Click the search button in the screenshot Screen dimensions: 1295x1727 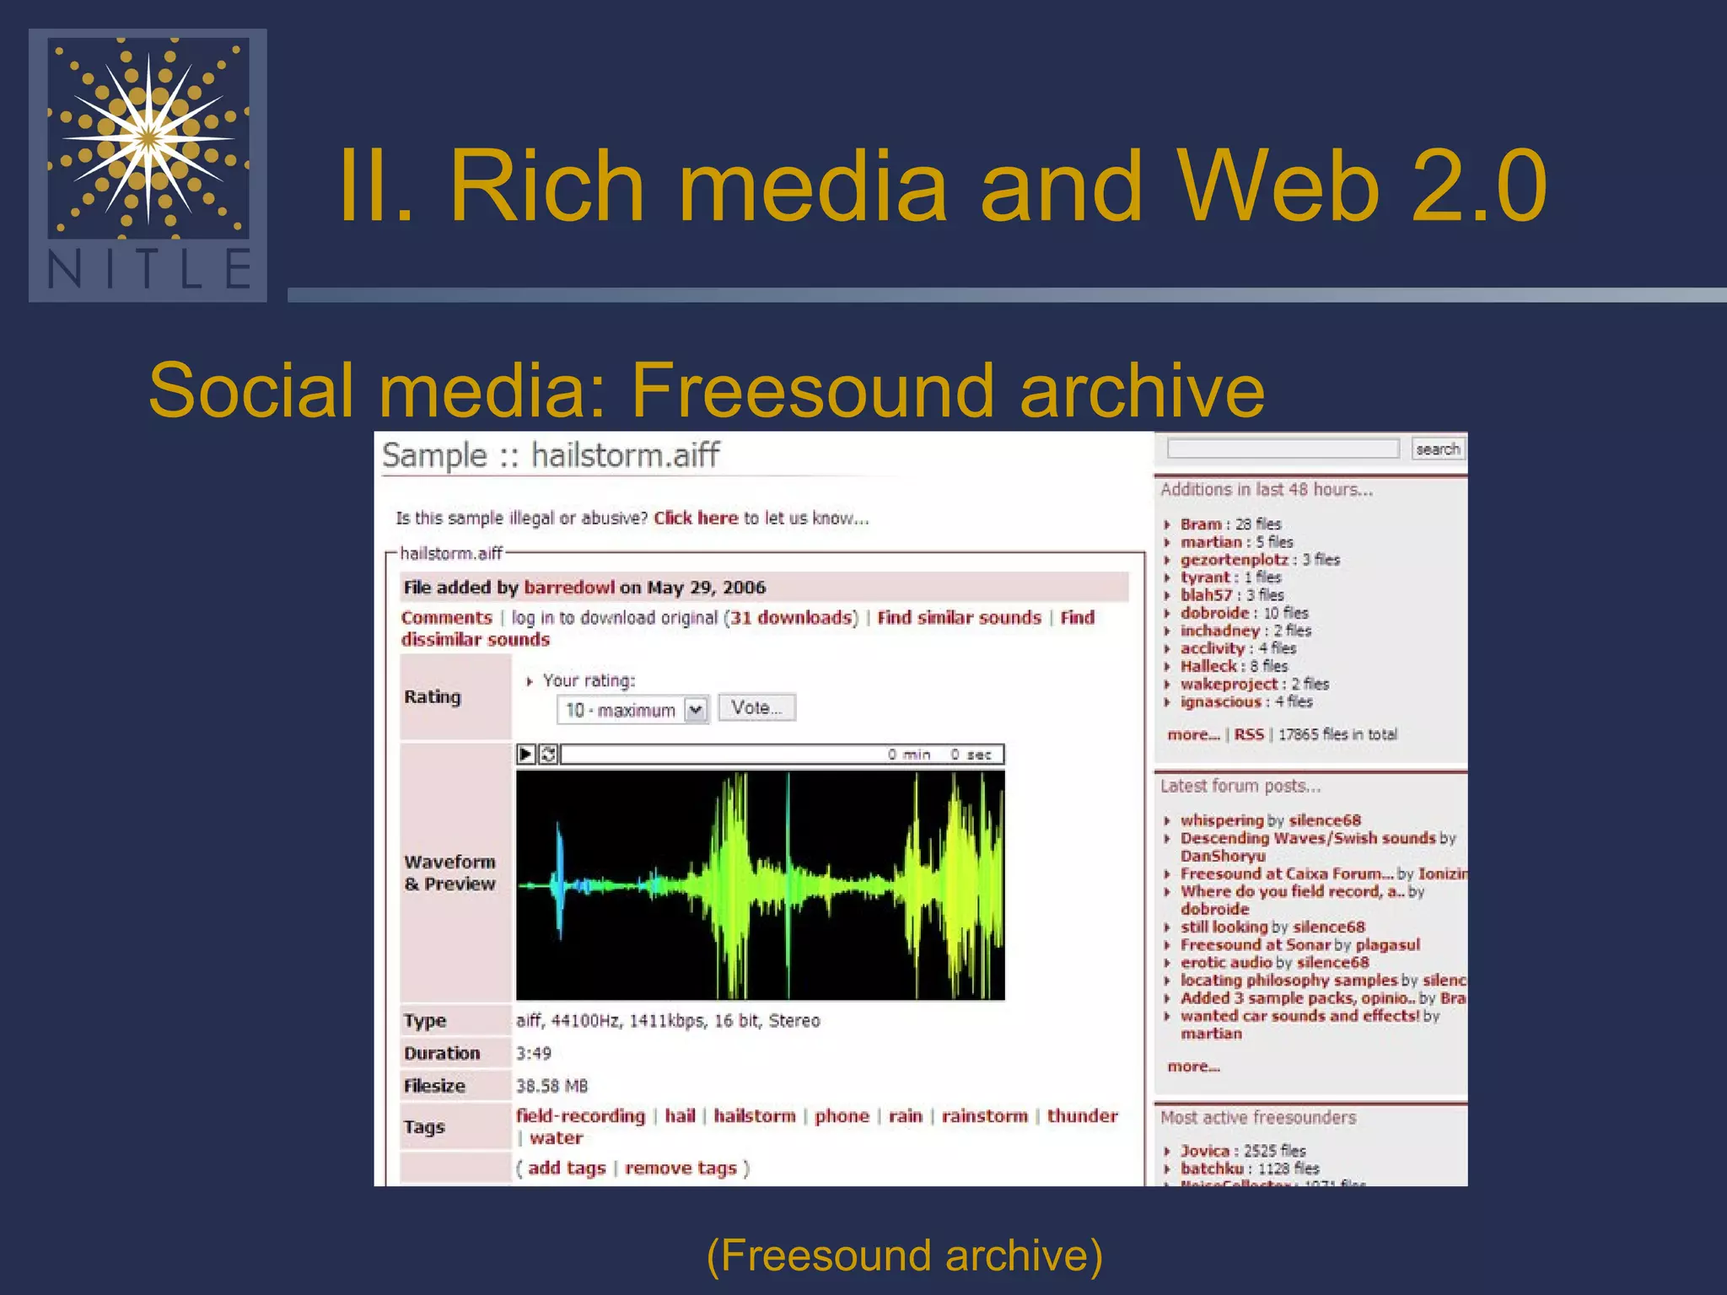[1437, 449]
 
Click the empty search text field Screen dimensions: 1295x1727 [1282, 449]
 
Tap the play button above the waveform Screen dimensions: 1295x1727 [526, 754]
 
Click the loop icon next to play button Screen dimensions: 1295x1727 [548, 754]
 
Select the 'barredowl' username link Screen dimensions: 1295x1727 [569, 588]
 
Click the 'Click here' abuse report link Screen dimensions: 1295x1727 [696, 518]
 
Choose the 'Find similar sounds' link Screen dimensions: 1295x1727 [959, 618]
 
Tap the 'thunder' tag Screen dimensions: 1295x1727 [1082, 1116]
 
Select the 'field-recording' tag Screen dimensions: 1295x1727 [580, 1116]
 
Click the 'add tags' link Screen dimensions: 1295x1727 [567, 1169]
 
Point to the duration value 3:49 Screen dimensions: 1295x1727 [534, 1054]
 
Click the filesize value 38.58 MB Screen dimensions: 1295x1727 [551, 1086]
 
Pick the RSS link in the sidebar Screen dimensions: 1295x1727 [1249, 734]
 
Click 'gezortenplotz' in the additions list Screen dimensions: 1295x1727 [1234, 560]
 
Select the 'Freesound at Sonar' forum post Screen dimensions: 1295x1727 [1255, 945]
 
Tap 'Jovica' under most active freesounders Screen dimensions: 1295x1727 [1204, 1151]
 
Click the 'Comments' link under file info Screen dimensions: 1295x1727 [446, 618]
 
